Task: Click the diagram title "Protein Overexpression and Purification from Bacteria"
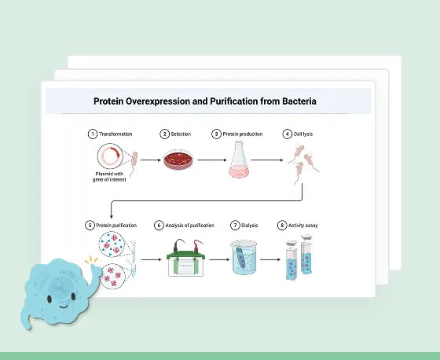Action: pos(205,101)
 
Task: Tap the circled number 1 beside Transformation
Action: pos(93,134)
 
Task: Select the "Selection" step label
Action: pos(180,134)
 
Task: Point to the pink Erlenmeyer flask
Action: pos(239,160)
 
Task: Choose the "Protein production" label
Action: pos(242,134)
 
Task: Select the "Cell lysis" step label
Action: pos(302,134)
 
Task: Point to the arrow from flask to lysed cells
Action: pos(268,160)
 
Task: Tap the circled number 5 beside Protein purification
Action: pos(91,226)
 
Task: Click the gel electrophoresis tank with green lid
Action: pos(187,259)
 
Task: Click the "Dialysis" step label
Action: pos(251,226)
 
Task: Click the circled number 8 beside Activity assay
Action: pos(282,226)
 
